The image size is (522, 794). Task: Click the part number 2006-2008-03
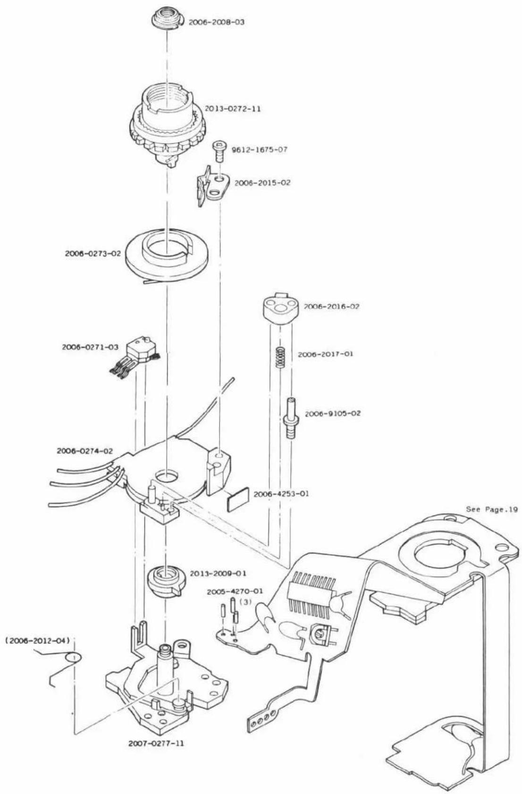(216, 22)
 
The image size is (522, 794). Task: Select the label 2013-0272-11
(233, 109)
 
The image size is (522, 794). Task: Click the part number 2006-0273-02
(93, 254)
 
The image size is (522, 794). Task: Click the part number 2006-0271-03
(90, 347)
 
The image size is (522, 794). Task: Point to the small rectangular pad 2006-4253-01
(238, 499)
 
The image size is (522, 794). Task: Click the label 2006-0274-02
(84, 451)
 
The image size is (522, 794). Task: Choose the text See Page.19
(492, 509)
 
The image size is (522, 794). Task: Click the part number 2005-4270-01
(235, 591)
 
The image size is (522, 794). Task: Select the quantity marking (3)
(245, 601)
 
